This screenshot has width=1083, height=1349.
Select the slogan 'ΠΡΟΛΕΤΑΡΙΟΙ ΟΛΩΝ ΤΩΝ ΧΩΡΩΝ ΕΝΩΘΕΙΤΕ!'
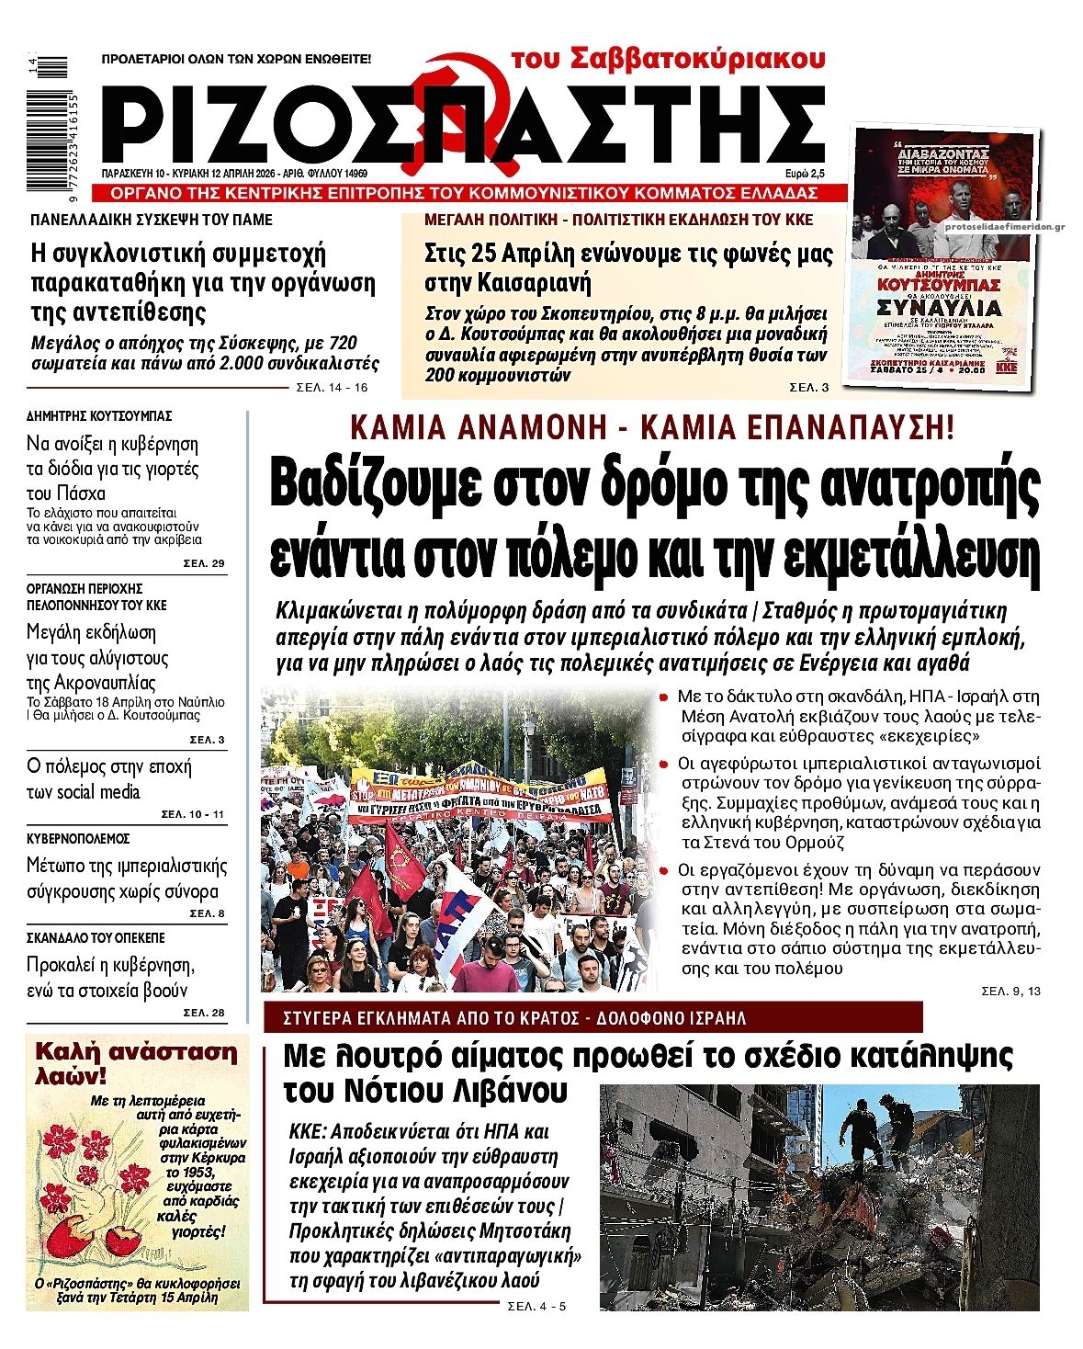point(236,59)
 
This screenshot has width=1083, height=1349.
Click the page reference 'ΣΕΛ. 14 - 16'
point(332,388)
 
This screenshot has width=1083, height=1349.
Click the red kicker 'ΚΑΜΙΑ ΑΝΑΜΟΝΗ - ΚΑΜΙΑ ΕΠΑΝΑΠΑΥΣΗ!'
point(652,427)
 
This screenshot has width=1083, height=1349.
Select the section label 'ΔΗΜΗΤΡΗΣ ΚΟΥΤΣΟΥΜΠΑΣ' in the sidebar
point(99,416)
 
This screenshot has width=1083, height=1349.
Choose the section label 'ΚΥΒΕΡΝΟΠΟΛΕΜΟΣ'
point(78,839)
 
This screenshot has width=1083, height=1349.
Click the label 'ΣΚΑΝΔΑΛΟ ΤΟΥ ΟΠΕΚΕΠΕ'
point(96,938)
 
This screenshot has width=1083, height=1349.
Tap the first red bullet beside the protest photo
point(664,697)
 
